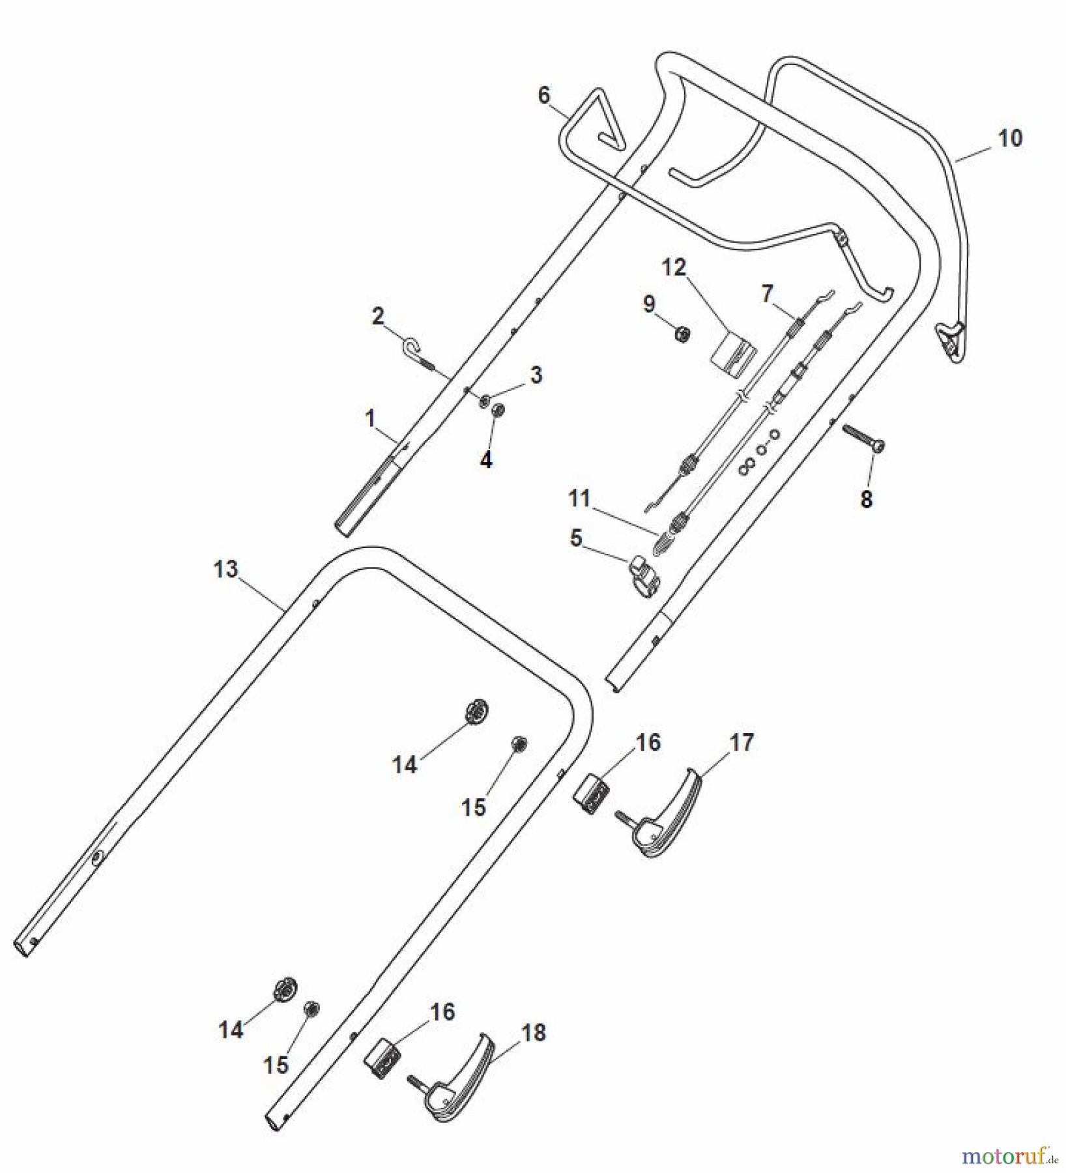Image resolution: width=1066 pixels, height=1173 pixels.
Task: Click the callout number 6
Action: pos(544,96)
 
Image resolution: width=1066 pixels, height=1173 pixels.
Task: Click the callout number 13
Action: pos(226,569)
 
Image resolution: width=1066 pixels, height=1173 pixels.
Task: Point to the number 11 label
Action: pos(579,499)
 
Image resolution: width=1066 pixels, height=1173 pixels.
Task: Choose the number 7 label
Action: pos(767,294)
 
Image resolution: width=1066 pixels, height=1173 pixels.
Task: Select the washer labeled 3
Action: pos(485,399)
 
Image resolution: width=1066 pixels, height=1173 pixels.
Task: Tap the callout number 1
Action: pos(370,418)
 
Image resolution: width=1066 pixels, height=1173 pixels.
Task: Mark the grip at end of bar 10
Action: pos(951,340)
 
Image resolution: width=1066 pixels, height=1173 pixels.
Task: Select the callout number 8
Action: pos(866,500)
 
